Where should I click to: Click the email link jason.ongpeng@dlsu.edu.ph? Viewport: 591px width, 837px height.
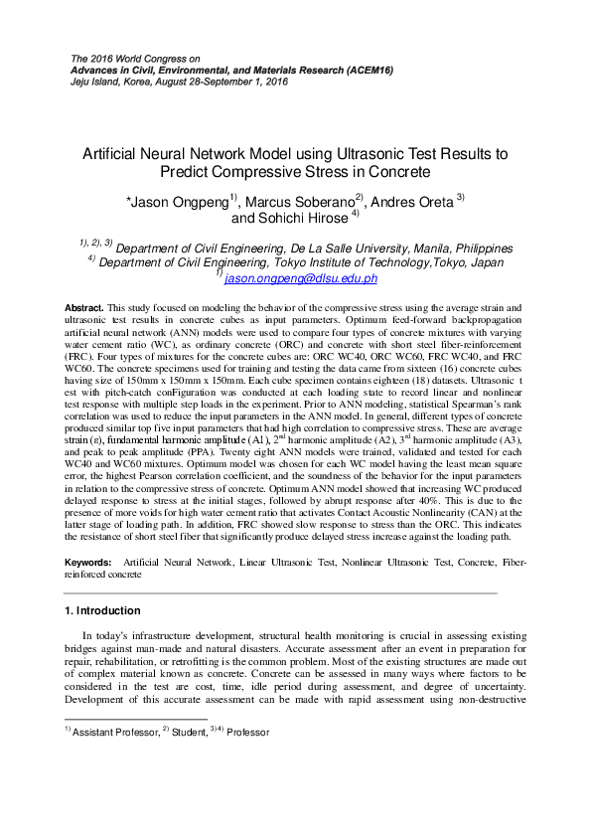click(x=295, y=280)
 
